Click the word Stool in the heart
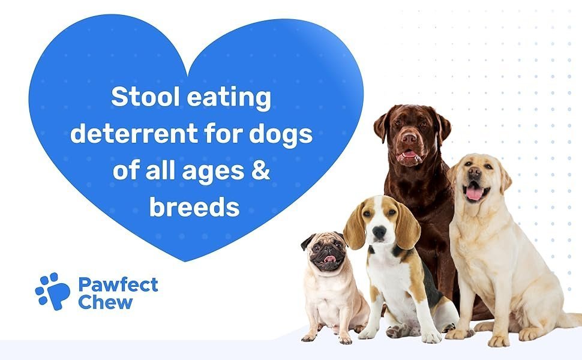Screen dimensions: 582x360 (145, 97)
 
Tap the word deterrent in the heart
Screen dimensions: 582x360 (134, 134)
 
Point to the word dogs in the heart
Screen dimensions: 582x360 (281, 134)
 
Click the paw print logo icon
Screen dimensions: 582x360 (53, 292)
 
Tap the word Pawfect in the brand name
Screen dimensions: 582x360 (118, 285)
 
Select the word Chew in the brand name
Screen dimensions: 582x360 (106, 302)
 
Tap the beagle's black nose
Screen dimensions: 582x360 (379, 232)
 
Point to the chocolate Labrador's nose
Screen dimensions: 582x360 (409, 138)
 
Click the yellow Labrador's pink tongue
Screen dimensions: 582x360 (475, 193)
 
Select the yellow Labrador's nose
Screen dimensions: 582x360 (475, 172)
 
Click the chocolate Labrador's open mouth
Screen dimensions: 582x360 (409, 155)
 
